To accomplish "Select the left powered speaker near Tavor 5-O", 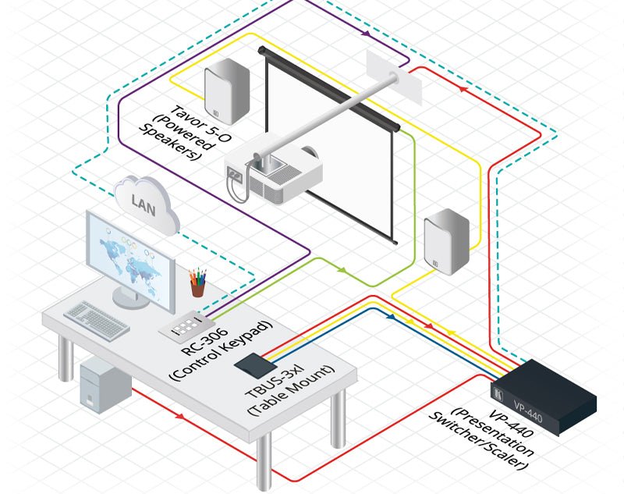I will point(226,91).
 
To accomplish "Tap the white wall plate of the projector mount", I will point(395,77).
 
